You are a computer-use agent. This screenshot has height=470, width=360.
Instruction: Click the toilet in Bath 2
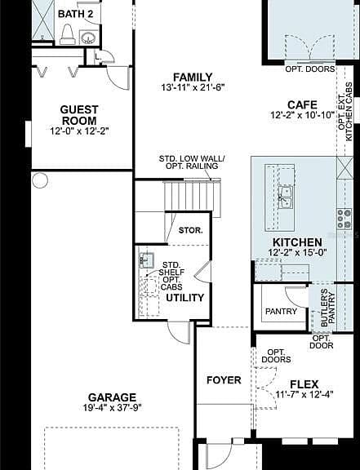[67, 34]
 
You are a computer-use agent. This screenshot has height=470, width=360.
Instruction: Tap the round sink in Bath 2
[88, 38]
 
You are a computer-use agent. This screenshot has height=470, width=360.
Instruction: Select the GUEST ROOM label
[79, 115]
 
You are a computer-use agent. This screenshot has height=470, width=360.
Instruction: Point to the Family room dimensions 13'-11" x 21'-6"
[193, 87]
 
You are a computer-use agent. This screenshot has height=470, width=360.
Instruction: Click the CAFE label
[302, 105]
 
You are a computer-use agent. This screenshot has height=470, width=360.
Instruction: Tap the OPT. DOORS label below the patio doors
[310, 69]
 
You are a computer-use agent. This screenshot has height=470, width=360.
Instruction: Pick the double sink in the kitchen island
[285, 197]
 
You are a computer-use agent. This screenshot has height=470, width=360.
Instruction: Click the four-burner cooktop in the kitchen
[344, 219]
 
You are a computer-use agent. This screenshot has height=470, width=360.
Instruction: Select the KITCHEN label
[297, 242]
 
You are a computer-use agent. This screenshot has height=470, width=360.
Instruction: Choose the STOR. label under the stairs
[190, 230]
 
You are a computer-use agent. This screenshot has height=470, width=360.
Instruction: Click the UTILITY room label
[184, 298]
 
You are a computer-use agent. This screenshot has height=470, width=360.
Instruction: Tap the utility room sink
[147, 260]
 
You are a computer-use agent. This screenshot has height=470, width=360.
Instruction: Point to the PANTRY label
[281, 312]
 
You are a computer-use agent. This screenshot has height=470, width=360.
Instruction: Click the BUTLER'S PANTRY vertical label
[327, 308]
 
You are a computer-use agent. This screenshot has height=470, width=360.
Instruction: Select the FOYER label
[224, 380]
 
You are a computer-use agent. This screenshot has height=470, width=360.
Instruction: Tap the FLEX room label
[304, 384]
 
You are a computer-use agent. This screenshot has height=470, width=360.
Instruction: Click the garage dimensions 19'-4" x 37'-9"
[112, 408]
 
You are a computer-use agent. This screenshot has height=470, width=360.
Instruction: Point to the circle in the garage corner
[40, 180]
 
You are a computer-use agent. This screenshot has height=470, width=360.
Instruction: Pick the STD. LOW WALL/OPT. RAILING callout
[192, 162]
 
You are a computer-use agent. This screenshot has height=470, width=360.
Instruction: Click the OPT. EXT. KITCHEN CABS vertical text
[345, 112]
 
